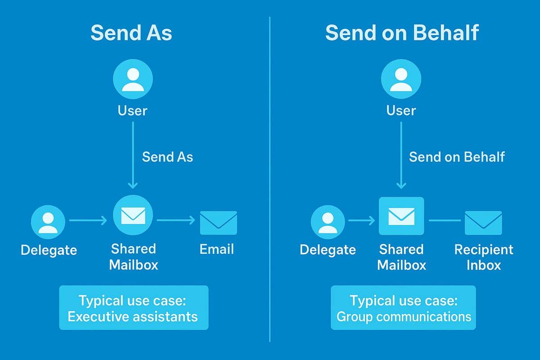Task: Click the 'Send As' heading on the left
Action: coord(131,33)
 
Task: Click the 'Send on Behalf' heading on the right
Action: coord(402,33)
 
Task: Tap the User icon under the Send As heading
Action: coord(133,79)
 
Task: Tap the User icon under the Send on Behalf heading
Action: coord(401,79)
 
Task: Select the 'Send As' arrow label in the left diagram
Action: coord(167,157)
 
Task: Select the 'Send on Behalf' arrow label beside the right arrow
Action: coord(457,157)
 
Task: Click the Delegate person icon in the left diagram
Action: coord(48,222)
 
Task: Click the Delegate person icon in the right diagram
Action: coord(328,222)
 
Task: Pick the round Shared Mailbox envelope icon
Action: coord(133,215)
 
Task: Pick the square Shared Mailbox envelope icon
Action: coord(401,216)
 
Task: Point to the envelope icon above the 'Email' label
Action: coord(218,222)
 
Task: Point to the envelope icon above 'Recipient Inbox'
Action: coord(483,222)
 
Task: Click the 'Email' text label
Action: coord(216,249)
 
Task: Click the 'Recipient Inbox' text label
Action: coord(484,257)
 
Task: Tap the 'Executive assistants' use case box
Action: coord(134,308)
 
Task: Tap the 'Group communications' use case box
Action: coord(403,308)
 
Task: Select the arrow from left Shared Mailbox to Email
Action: coord(175,220)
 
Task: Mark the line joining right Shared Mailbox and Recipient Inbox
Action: coord(444,220)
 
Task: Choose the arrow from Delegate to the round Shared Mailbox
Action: coord(88,220)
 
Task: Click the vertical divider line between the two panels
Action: coord(270,180)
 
